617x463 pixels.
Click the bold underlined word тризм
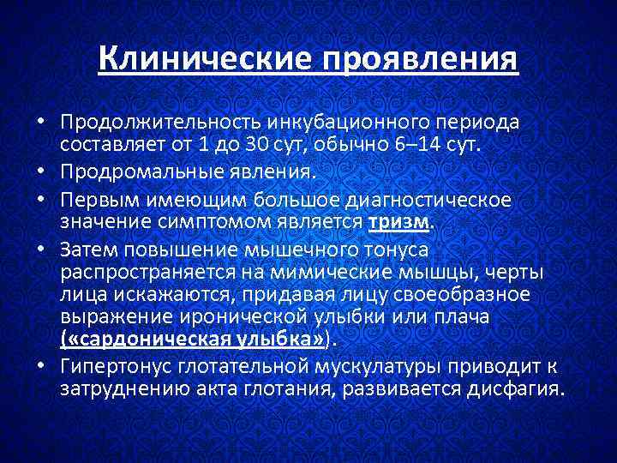[x=402, y=223]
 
